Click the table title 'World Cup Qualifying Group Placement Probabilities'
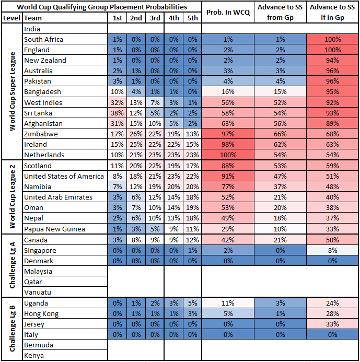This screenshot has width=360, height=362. pyautogui.click(x=102, y=7)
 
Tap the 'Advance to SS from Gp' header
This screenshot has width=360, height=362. pyautogui.click(x=281, y=13)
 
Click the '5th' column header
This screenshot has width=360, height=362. pyautogui.click(x=192, y=18)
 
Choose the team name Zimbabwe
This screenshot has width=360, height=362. pyautogui.click(x=40, y=134)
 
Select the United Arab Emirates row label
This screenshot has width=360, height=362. pyautogui.click(x=59, y=197)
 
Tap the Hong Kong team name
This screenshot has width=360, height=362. pyautogui.click(x=41, y=313)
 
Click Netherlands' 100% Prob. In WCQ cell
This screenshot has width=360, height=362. pyautogui.click(x=228, y=155)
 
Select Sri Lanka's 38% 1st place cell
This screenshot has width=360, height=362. pyautogui.click(x=118, y=113)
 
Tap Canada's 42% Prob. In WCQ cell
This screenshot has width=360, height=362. pyautogui.click(x=228, y=240)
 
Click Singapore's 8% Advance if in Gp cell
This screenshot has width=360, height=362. pyautogui.click(x=332, y=250)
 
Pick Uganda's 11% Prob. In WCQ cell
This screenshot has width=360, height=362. pyautogui.click(x=228, y=303)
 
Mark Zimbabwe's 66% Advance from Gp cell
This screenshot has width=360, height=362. pyautogui.click(x=281, y=134)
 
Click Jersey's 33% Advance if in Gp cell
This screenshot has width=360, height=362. pyautogui.click(x=332, y=324)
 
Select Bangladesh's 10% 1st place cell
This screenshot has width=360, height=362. pyautogui.click(x=118, y=92)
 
